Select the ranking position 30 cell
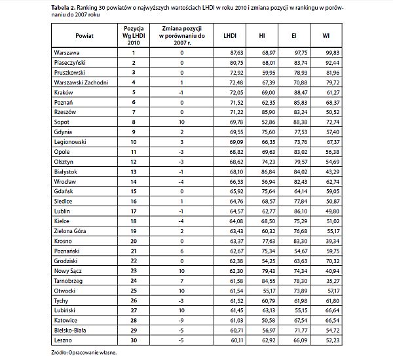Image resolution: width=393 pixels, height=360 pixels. tap(134, 341)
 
